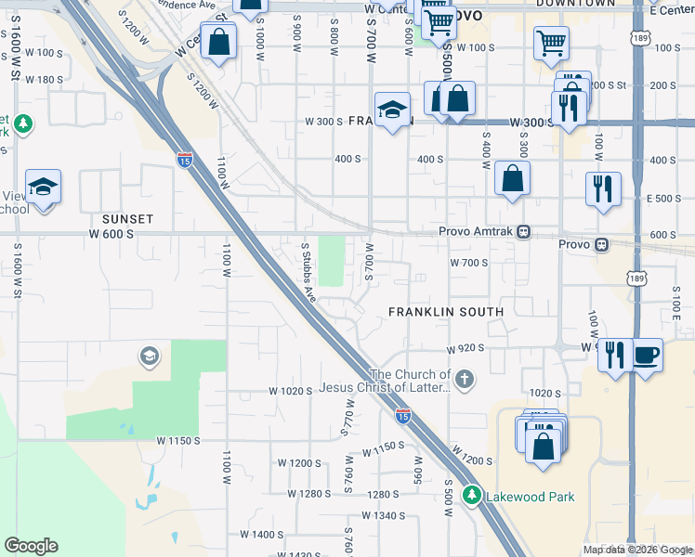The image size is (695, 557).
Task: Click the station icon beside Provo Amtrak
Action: (525, 232)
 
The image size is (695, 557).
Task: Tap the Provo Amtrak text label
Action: (478, 232)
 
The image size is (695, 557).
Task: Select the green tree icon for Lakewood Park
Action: (473, 496)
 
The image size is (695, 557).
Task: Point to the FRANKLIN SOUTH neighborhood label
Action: (446, 312)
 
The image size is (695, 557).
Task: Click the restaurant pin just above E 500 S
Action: (603, 188)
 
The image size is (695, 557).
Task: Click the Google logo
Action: (31, 546)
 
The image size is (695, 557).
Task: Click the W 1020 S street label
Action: (290, 392)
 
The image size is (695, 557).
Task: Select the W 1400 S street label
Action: (261, 535)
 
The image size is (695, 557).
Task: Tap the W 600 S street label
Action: (111, 234)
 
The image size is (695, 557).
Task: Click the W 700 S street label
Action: (469, 263)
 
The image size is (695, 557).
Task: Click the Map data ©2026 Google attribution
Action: (638, 550)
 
